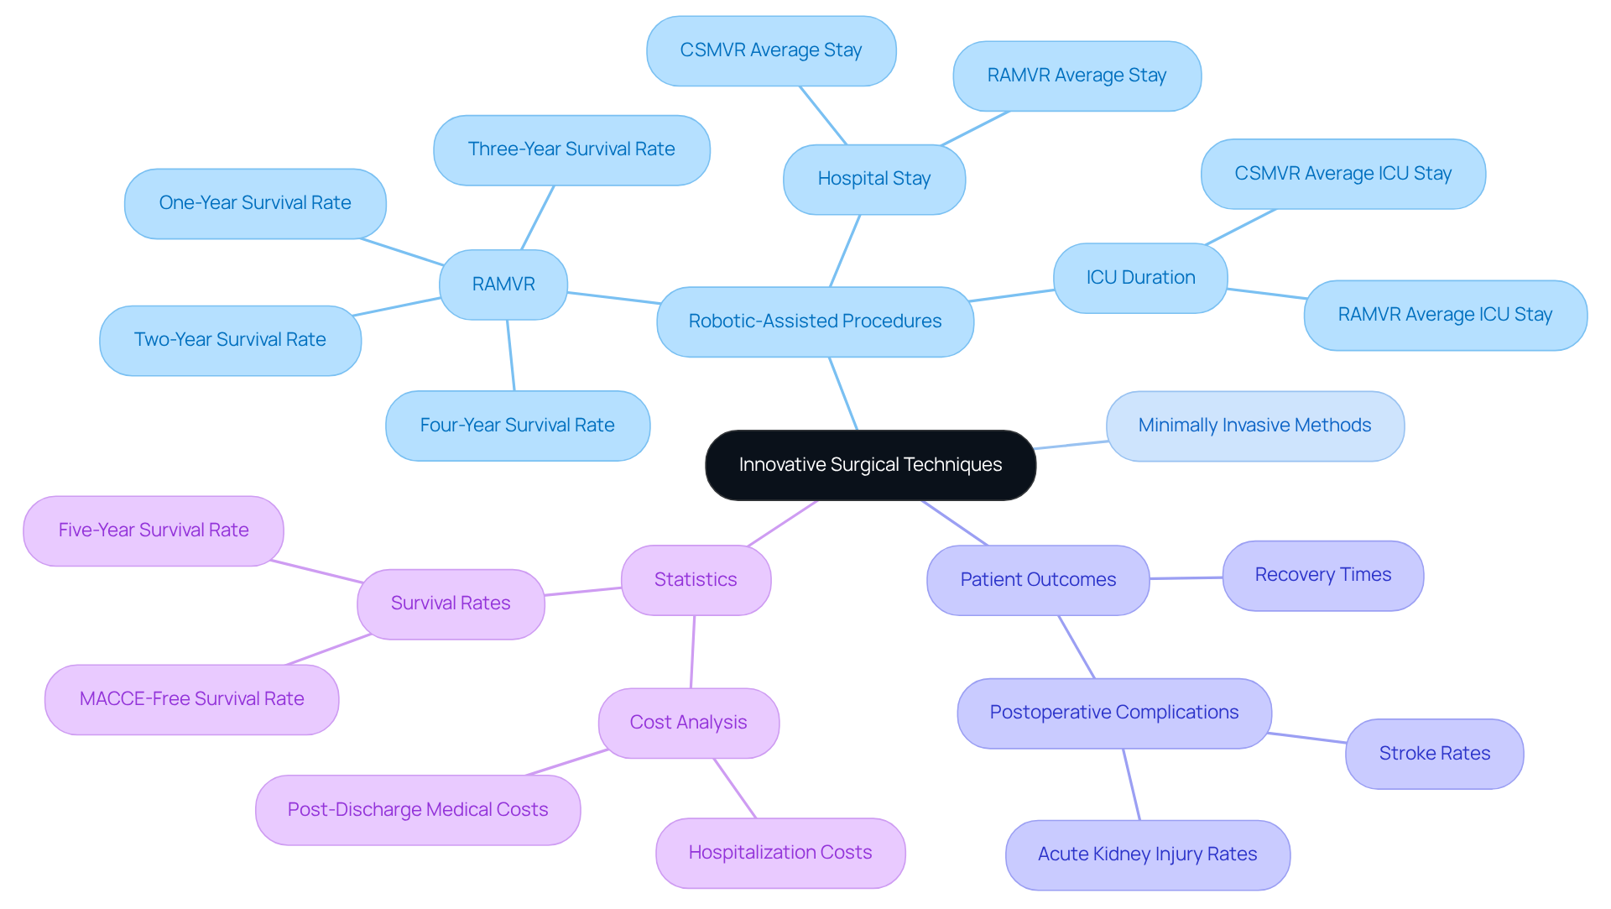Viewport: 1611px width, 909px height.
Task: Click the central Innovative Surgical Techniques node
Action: (x=870, y=465)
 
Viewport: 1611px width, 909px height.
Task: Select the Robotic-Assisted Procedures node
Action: (x=815, y=321)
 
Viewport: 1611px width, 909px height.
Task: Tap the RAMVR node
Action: (x=503, y=285)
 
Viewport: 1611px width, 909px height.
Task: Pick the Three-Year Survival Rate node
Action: (x=571, y=149)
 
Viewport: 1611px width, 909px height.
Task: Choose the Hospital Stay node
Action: (x=873, y=179)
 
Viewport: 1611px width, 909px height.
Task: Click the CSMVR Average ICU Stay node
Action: (x=1342, y=174)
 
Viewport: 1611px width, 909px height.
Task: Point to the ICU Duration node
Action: (x=1140, y=278)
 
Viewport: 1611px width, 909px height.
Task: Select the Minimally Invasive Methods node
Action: (x=1254, y=426)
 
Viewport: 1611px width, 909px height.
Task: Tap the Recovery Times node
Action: (x=1322, y=575)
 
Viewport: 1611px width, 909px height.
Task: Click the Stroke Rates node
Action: (x=1434, y=754)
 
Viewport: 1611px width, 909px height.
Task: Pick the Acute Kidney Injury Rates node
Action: (x=1147, y=854)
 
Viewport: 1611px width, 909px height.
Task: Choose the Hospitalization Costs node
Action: (x=780, y=853)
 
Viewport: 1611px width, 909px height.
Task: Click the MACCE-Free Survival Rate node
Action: (x=191, y=699)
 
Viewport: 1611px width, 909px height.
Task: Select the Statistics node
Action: (x=696, y=580)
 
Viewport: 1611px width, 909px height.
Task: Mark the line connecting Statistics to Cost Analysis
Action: (x=693, y=652)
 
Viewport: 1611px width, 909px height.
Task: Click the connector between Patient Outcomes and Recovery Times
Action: (x=1186, y=578)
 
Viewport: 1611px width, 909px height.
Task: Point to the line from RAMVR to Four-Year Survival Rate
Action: (x=510, y=355)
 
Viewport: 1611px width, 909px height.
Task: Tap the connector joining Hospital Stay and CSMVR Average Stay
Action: (x=823, y=115)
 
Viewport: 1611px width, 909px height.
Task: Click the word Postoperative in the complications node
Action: (x=1040, y=713)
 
